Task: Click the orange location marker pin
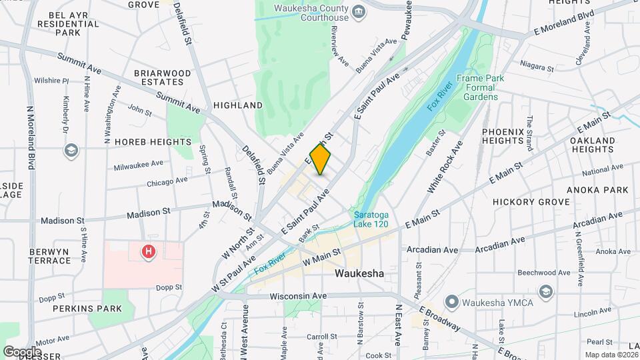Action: (321, 159)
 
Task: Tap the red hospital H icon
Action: (149, 251)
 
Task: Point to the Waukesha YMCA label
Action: (492, 303)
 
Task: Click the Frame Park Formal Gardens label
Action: (481, 87)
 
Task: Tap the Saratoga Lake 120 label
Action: (371, 220)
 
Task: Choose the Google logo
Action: (22, 351)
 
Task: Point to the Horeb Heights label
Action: (143, 142)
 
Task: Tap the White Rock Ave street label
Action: (445, 168)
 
